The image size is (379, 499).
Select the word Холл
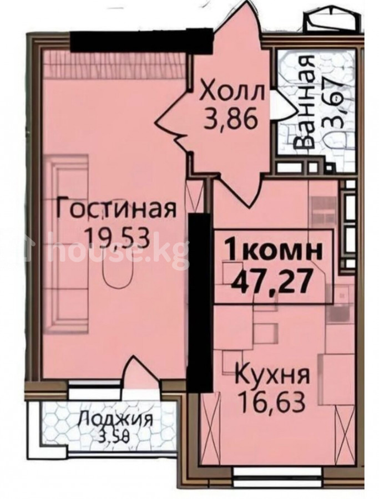pyautogui.click(x=231, y=91)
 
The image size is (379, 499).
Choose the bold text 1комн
pyautogui.click(x=273, y=251)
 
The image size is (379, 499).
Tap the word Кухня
pyautogui.click(x=272, y=375)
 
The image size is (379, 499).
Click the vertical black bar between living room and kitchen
pyautogui.click(x=199, y=303)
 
